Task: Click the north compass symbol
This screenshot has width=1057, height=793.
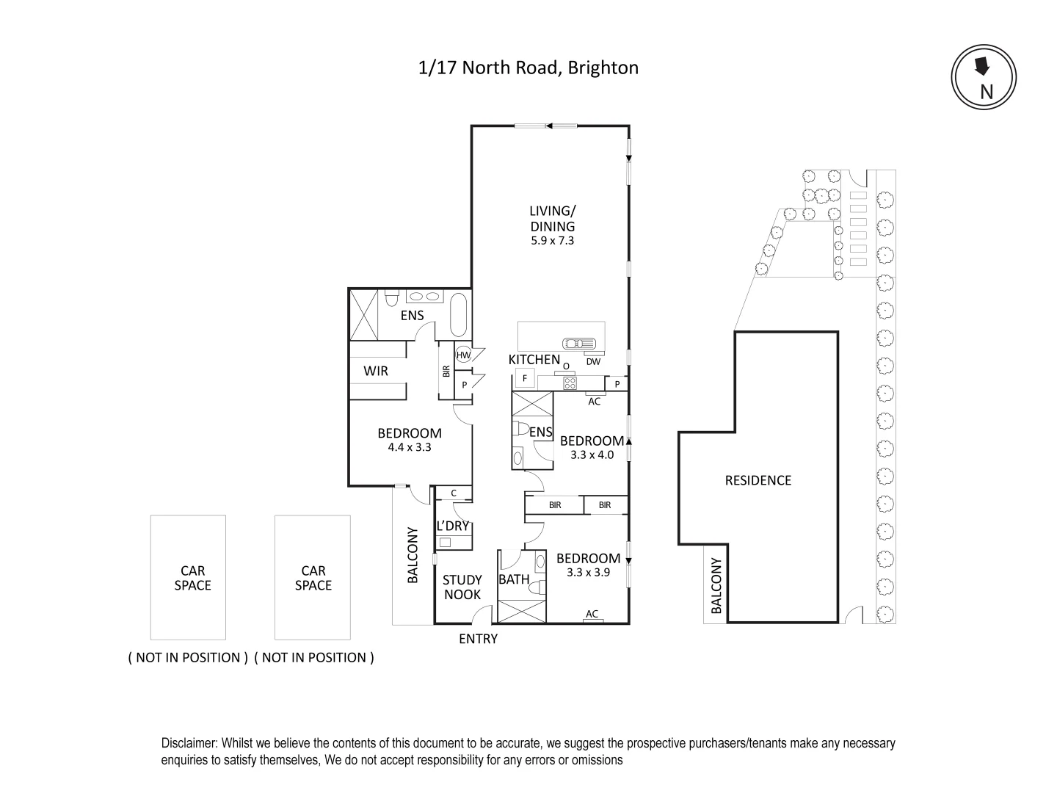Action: pos(984,77)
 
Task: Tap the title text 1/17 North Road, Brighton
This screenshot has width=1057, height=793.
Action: pos(528,68)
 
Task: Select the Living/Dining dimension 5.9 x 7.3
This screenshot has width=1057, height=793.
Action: pos(553,240)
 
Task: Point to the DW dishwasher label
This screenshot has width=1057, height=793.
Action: pos(593,361)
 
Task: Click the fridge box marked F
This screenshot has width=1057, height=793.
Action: pos(524,379)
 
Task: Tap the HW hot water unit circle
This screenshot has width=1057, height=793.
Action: pos(463,355)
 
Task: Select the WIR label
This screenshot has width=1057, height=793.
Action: pos(376,371)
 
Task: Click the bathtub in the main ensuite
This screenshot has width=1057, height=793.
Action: pos(457,315)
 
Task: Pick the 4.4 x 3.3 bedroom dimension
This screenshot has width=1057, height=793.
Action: pos(409,447)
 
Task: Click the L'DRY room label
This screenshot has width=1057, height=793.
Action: pos(452,526)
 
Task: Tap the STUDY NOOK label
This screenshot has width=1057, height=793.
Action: pos(462,587)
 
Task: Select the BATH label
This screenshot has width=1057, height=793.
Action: pos(514,579)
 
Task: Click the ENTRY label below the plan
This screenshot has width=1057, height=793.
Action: pos(478,639)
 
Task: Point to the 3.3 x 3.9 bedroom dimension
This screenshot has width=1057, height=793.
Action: pos(588,572)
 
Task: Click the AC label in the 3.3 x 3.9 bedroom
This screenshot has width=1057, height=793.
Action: pos(592,614)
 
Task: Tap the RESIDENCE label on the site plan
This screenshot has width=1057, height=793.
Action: pos(758,480)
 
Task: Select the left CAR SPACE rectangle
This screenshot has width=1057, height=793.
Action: pos(188,577)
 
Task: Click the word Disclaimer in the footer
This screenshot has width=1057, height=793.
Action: pos(189,743)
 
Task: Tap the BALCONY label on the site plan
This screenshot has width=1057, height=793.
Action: pos(716,585)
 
